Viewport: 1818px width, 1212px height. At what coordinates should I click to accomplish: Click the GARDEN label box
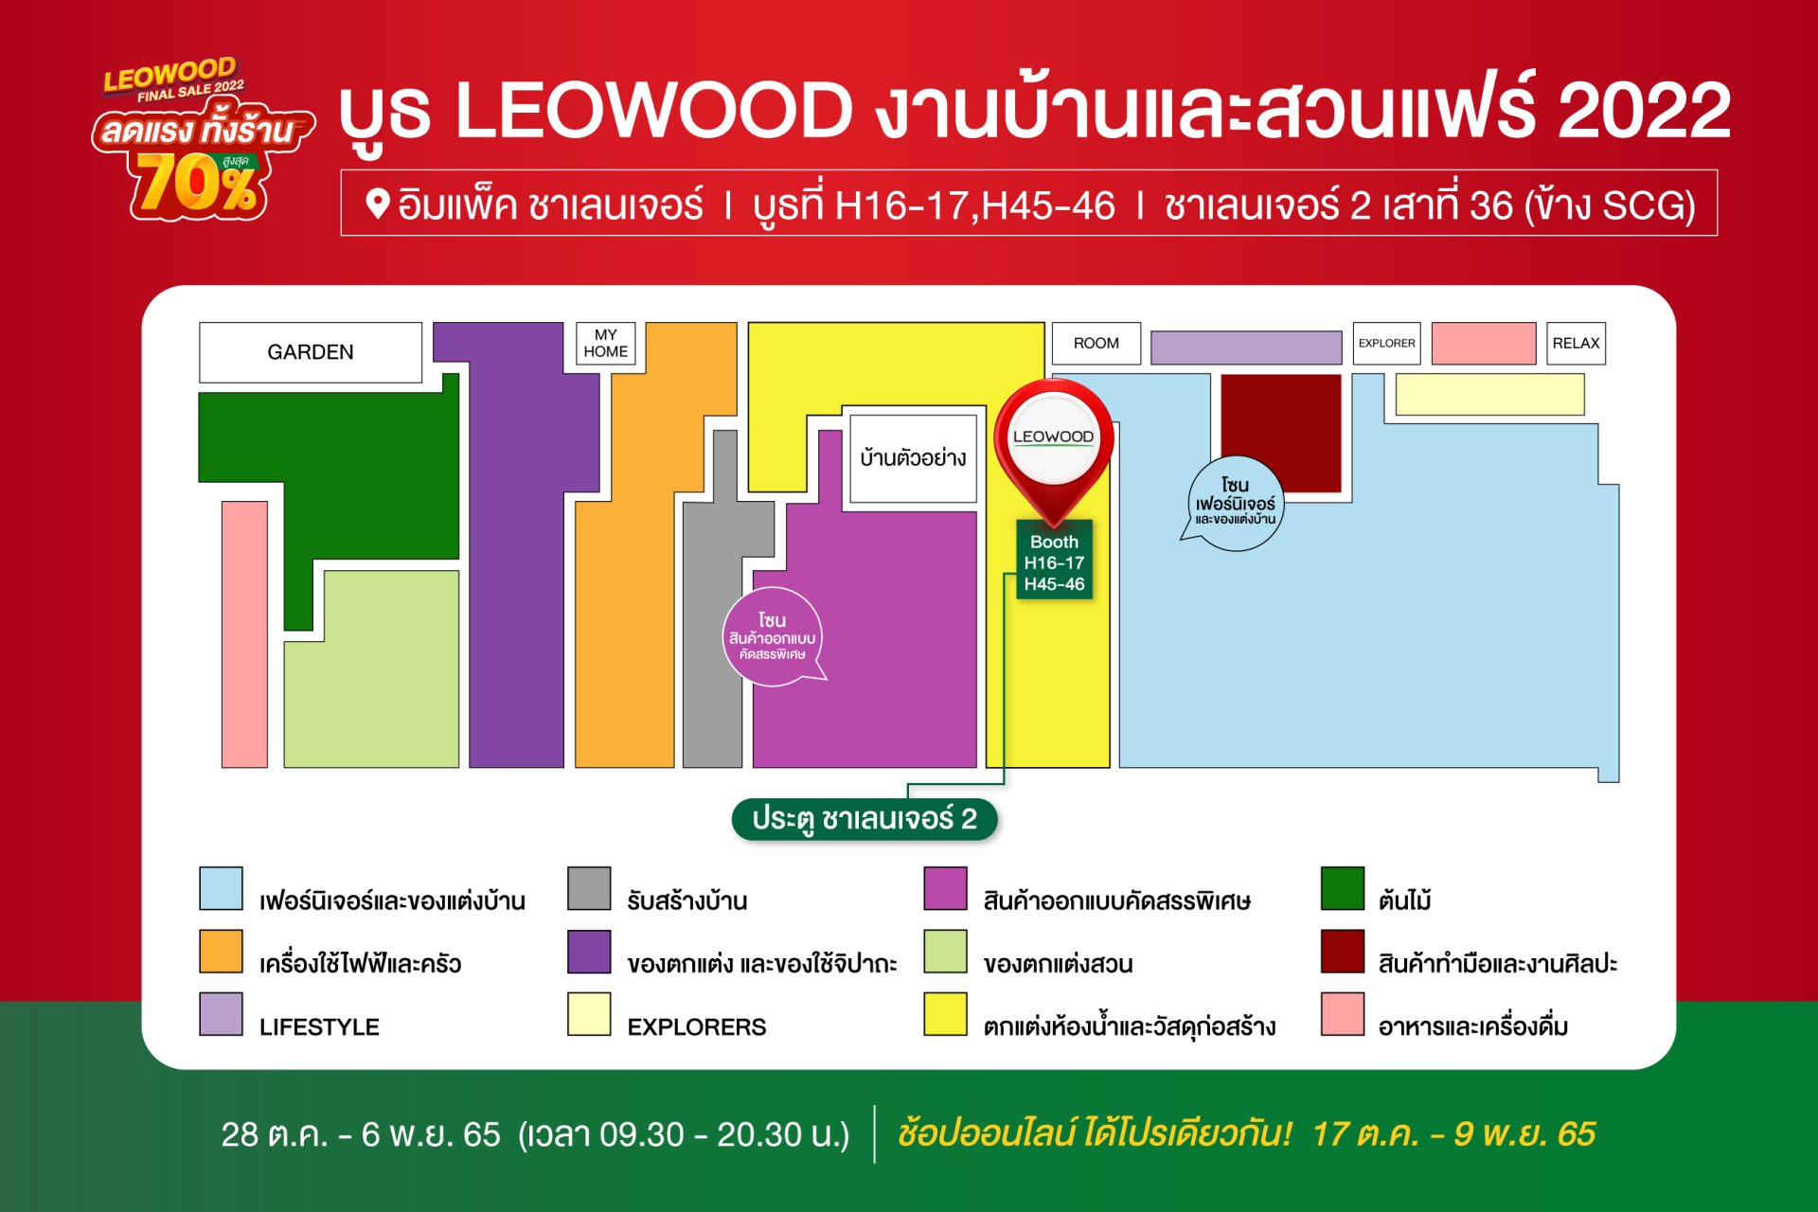tap(311, 352)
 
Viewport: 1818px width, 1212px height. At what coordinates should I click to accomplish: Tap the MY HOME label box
tap(606, 343)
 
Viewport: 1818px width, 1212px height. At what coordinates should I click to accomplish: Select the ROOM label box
tap(1096, 343)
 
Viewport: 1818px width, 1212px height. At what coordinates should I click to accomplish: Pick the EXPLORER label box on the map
tap(1387, 343)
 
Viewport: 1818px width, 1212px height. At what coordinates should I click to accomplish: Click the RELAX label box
tap(1577, 343)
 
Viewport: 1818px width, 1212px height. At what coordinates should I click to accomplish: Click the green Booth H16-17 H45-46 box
tap(1054, 562)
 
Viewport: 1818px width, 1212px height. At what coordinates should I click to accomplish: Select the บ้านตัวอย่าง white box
tap(913, 458)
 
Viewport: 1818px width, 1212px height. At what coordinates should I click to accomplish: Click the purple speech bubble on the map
tap(774, 636)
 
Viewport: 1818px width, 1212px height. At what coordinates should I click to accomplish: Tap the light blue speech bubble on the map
tap(1234, 503)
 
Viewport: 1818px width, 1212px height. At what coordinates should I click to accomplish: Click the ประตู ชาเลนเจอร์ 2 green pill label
tap(864, 819)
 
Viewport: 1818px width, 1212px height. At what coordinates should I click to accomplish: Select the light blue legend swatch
tap(221, 888)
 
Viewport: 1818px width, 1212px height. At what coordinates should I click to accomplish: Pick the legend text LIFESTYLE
tap(319, 1027)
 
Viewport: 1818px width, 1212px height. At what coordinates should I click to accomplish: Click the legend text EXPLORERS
tap(697, 1027)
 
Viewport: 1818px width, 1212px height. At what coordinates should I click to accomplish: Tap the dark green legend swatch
tap(1343, 888)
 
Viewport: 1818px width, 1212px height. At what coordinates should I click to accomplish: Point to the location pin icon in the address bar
tap(378, 204)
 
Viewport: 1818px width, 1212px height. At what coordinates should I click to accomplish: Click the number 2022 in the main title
tap(1645, 111)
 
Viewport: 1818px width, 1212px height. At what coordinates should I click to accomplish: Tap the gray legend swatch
tap(589, 888)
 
